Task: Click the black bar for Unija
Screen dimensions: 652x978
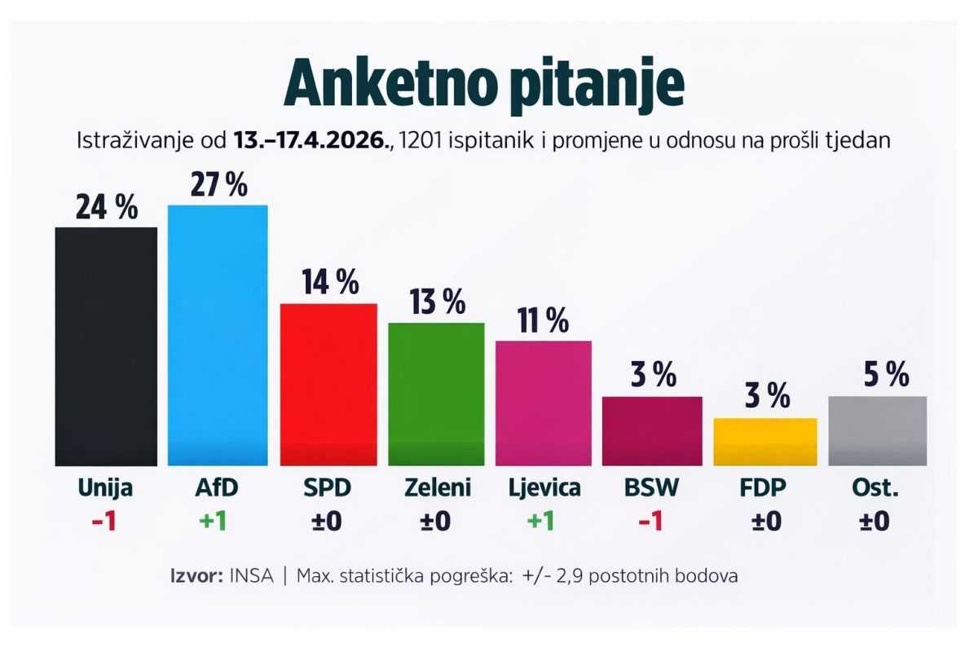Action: pyautogui.click(x=106, y=346)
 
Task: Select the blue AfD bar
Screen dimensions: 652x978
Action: pyautogui.click(x=218, y=335)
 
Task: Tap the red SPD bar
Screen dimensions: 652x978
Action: pyautogui.click(x=328, y=384)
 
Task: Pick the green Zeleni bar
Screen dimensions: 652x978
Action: pyautogui.click(x=436, y=394)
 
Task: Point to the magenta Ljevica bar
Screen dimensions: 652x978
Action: pyautogui.click(x=544, y=403)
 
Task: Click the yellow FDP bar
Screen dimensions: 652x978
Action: pyautogui.click(x=765, y=442)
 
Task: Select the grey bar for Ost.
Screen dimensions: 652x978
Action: pyautogui.click(x=878, y=430)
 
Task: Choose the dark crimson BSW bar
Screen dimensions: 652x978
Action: pyautogui.click(x=652, y=430)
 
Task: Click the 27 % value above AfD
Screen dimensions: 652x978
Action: pyautogui.click(x=218, y=185)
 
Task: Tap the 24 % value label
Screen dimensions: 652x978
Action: pyautogui.click(x=107, y=209)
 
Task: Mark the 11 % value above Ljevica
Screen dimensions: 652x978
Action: pyautogui.click(x=543, y=321)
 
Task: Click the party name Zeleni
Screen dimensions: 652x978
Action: pyautogui.click(x=438, y=488)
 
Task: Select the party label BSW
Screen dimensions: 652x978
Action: pyautogui.click(x=652, y=488)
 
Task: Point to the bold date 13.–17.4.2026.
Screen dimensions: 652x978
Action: pyautogui.click(x=312, y=139)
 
